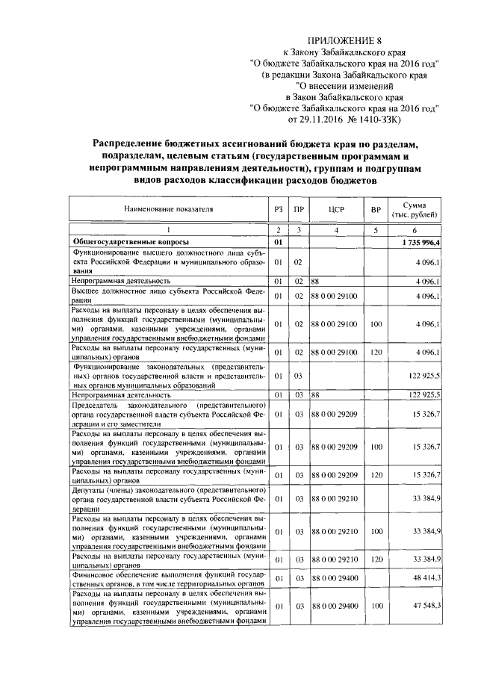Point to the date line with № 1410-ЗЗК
[x=344, y=118]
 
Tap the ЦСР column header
[x=335, y=210]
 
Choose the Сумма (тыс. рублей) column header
[x=419, y=210]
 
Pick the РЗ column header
[x=278, y=210]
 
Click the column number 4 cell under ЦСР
[x=335, y=230]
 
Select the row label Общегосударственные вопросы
[x=129, y=242]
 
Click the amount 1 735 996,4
[x=420, y=242]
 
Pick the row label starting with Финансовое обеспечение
[x=168, y=578]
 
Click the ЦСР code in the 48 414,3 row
[x=335, y=578]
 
